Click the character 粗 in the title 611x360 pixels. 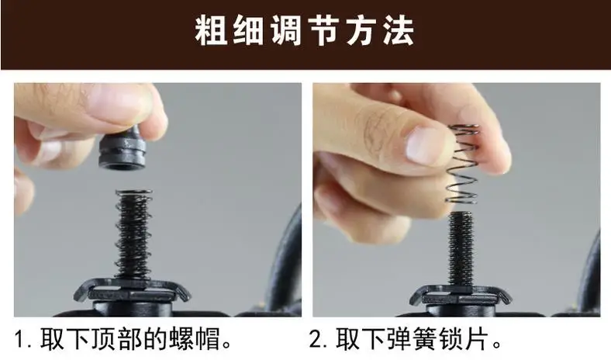coord(211,31)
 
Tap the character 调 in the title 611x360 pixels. coord(286,31)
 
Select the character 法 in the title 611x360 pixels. coord(398,31)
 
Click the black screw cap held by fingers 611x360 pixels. coord(123,149)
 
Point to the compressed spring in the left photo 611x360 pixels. coord(133,234)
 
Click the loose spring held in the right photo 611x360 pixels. coord(462,164)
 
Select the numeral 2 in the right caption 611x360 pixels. coord(316,339)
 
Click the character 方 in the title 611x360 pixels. coord(361,31)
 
